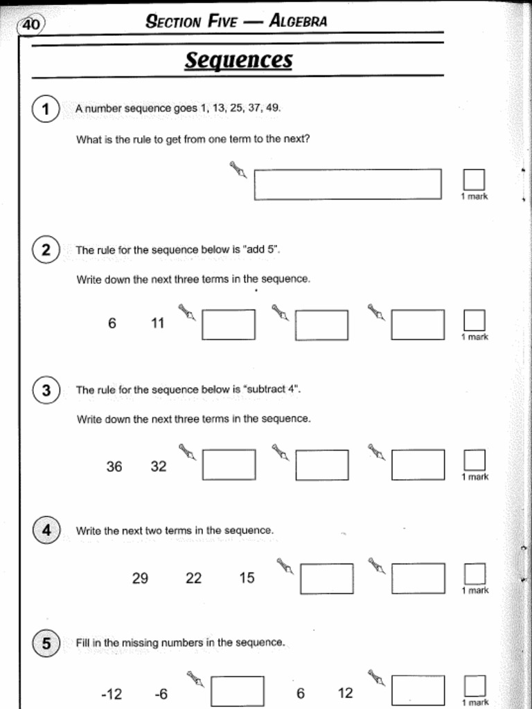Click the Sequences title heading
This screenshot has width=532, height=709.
238,60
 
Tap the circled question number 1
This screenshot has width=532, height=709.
46,109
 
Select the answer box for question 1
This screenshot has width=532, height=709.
347,184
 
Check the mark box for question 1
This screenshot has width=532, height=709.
474,180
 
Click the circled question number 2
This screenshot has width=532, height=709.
46,250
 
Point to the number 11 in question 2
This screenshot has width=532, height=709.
158,323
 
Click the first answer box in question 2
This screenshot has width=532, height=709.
228,325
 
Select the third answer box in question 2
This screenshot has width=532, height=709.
417,325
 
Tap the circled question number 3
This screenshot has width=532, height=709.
46,391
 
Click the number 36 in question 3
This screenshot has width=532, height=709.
114,467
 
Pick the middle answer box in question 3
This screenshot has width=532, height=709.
321,465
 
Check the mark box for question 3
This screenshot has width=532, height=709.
474,460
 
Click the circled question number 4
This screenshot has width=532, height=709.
46,531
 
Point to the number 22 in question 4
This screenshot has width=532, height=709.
194,578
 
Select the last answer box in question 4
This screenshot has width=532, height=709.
418,578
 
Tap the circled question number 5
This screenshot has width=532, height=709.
46,644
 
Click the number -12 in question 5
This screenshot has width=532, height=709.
112,694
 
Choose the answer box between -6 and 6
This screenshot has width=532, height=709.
237,691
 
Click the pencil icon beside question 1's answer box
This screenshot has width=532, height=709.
238,170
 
